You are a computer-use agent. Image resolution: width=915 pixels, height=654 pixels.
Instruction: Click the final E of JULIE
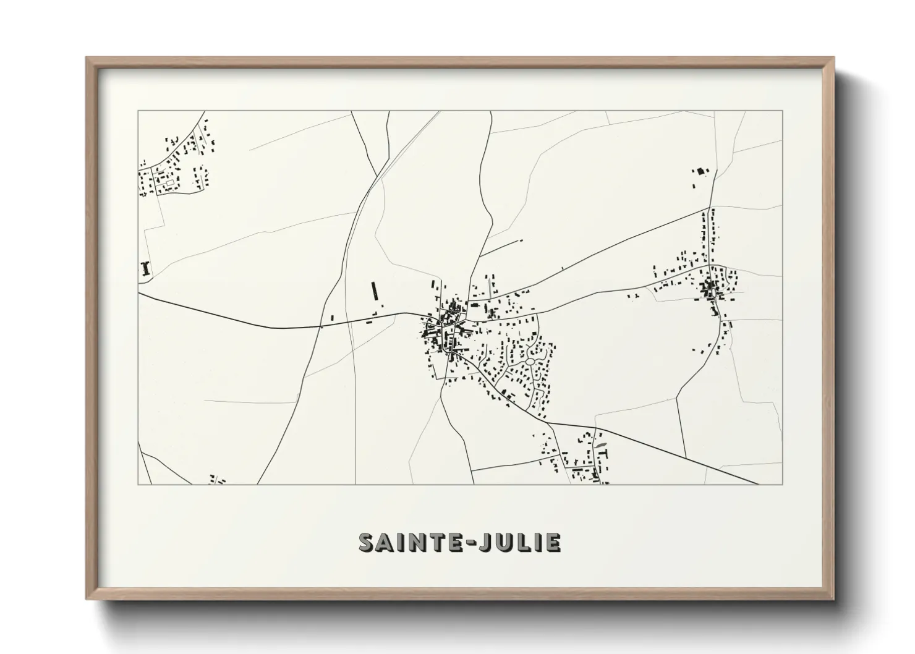554,542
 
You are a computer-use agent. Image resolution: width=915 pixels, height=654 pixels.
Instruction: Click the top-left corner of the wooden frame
87,58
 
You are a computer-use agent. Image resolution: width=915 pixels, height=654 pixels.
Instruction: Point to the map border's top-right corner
782,111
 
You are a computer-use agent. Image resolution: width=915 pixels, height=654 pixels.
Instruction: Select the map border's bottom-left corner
138,484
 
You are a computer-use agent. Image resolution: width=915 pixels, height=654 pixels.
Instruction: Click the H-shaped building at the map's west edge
146,268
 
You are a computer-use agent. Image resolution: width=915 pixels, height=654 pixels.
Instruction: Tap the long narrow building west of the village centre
373,291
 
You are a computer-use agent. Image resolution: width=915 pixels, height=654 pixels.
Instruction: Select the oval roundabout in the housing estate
530,361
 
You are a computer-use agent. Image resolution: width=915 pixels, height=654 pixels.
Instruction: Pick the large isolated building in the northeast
700,172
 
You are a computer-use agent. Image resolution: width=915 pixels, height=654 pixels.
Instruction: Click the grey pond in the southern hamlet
600,445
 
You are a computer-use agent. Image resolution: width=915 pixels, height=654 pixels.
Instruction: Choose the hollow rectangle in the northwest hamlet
166,184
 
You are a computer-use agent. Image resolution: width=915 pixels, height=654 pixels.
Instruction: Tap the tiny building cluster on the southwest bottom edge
217,480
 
